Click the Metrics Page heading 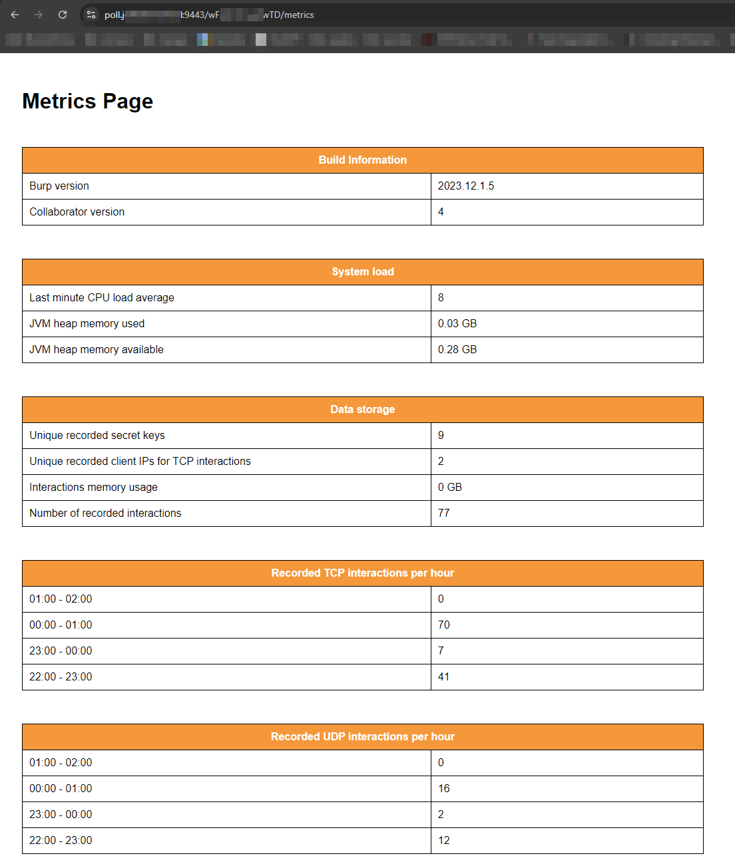pyautogui.click(x=87, y=101)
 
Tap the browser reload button pyautogui.click(x=63, y=15)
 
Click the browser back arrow pyautogui.click(x=15, y=15)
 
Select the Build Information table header pyautogui.click(x=362, y=160)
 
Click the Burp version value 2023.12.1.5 pyautogui.click(x=466, y=186)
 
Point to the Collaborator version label pyautogui.click(x=77, y=212)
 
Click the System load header pyautogui.click(x=362, y=272)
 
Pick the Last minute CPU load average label pyautogui.click(x=102, y=298)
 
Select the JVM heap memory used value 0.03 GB pyautogui.click(x=457, y=324)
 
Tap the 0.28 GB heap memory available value pyautogui.click(x=457, y=350)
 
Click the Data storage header pyautogui.click(x=362, y=410)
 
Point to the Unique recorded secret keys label pyautogui.click(x=97, y=436)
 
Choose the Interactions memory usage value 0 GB pyautogui.click(x=450, y=488)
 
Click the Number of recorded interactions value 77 pyautogui.click(x=444, y=513)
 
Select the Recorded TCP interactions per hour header pyautogui.click(x=362, y=573)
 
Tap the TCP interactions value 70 pyautogui.click(x=444, y=625)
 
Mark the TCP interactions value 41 pyautogui.click(x=444, y=677)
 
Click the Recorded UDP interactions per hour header pyautogui.click(x=362, y=737)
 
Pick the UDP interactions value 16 pyautogui.click(x=444, y=789)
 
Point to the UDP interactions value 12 pyautogui.click(x=444, y=841)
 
